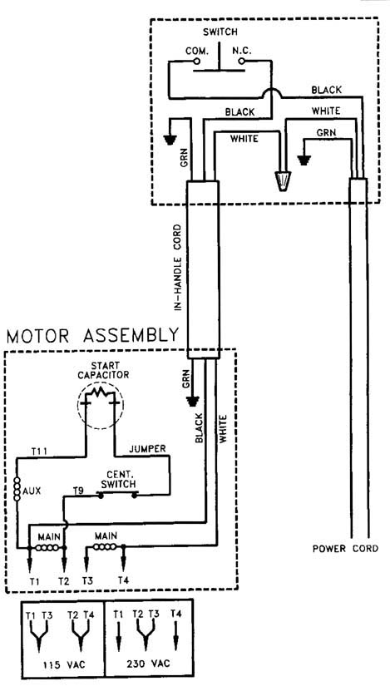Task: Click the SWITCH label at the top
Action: [220, 32]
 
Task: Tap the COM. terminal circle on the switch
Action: [197, 62]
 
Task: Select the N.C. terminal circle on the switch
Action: [241, 62]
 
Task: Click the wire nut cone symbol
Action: [282, 180]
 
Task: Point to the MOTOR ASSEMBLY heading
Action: [93, 336]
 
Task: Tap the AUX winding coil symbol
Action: [17, 489]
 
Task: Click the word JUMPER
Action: [147, 448]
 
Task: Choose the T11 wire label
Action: [40, 451]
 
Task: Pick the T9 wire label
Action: [78, 491]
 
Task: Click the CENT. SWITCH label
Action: [118, 479]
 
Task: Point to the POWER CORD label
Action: [346, 549]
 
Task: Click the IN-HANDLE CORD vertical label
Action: [177, 268]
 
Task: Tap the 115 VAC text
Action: [64, 664]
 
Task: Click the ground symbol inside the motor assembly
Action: [192, 400]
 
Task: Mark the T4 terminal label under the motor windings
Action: [123, 581]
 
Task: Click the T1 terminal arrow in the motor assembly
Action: [29, 560]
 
